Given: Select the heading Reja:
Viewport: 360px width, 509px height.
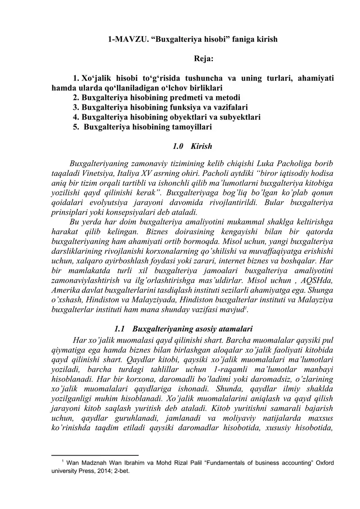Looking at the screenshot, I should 204,59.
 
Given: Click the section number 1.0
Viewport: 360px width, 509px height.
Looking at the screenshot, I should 178,146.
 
